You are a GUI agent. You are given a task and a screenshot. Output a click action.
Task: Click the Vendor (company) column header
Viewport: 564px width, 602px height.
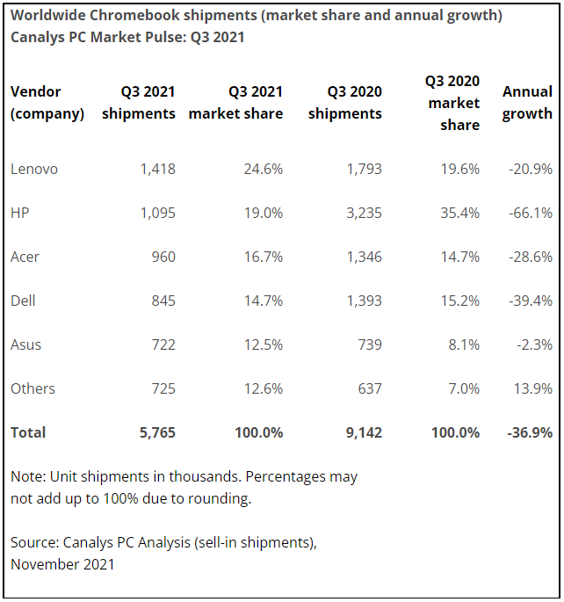(x=47, y=102)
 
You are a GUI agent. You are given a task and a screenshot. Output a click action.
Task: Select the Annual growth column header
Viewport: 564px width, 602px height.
(x=527, y=102)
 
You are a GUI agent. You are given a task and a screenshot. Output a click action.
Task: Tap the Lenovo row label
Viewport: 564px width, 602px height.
(x=34, y=169)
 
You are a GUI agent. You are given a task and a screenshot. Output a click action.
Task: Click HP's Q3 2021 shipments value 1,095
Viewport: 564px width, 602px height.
(x=157, y=213)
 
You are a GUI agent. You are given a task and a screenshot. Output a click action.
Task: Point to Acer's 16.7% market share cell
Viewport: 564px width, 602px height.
(x=263, y=257)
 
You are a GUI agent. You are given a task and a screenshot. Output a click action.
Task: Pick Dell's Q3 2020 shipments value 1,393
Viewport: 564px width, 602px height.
(x=363, y=301)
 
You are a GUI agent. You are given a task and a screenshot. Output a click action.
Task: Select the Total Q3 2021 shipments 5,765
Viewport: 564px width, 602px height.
(x=157, y=432)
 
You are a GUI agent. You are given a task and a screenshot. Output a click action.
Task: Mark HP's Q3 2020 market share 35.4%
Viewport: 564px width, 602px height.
(x=459, y=213)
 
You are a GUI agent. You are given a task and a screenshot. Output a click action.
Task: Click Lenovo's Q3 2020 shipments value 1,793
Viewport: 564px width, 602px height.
(x=363, y=169)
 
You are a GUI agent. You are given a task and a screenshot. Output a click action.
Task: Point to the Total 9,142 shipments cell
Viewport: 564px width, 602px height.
(x=362, y=432)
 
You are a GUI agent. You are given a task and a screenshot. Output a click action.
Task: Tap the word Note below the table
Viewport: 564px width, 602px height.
(x=27, y=476)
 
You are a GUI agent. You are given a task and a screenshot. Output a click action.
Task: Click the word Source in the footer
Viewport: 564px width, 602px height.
(x=33, y=543)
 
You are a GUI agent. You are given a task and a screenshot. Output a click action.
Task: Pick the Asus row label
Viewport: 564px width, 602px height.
(x=26, y=345)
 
